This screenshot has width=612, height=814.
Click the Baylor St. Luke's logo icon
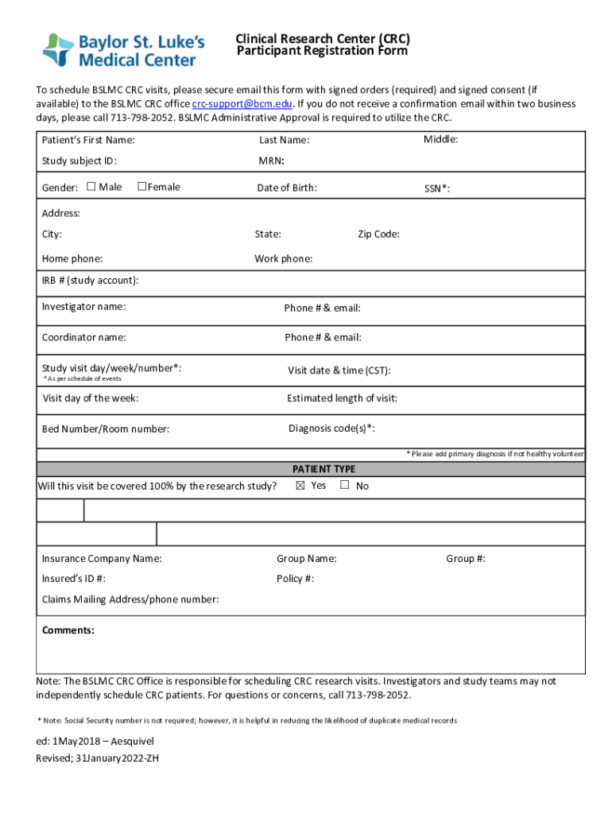57,49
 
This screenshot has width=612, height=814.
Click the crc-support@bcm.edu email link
242,104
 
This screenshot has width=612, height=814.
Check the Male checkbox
91,187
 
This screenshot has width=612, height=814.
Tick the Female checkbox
141,187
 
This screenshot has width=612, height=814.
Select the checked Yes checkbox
300,485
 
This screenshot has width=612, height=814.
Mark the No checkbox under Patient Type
345,485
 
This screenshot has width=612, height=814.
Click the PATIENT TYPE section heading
323,469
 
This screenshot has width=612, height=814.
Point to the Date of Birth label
286,188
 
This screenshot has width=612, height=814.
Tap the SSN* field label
437,188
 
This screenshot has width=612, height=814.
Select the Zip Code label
378,234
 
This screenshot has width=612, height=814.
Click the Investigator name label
83,306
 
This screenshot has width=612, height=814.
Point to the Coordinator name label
83,337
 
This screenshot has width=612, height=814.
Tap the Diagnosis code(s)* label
331,428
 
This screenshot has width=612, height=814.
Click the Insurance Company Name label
102,559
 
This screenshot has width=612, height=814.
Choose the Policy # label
295,579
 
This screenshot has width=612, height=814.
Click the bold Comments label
68,630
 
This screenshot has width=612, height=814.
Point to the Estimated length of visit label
342,398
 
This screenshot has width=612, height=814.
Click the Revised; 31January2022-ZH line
97,758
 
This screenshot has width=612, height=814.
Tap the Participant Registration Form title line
322,52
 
